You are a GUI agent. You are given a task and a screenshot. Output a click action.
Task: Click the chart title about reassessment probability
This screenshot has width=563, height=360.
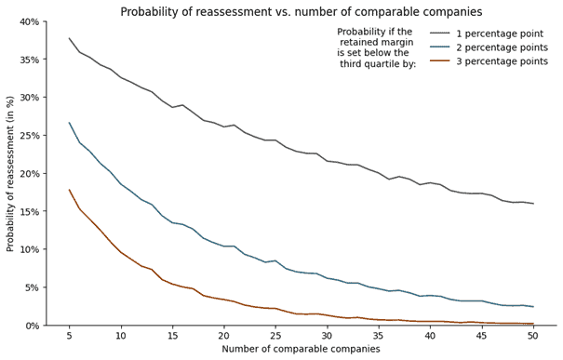click(x=302, y=12)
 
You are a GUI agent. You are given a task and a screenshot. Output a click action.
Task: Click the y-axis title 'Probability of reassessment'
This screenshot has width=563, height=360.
click(x=11, y=174)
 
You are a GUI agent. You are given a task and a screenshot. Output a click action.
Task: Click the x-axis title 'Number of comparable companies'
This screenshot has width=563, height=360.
click(x=301, y=349)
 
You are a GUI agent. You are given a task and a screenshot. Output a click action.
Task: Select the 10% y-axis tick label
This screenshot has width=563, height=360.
click(x=27, y=249)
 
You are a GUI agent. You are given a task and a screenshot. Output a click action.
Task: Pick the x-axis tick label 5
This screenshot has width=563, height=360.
click(x=69, y=335)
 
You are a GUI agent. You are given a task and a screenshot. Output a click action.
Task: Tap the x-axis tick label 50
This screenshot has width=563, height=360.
click(x=533, y=335)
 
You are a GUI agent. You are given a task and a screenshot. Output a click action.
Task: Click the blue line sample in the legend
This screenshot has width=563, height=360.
click(x=441, y=47)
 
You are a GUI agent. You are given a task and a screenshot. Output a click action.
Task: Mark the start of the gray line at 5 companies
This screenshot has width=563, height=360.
click(x=69, y=38)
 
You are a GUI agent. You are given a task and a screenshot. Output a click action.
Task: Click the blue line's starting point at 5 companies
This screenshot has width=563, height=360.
click(x=69, y=123)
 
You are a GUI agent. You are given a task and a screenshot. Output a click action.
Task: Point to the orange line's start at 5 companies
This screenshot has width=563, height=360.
click(x=69, y=190)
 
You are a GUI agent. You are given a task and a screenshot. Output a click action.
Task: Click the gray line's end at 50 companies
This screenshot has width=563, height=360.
click(x=533, y=204)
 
